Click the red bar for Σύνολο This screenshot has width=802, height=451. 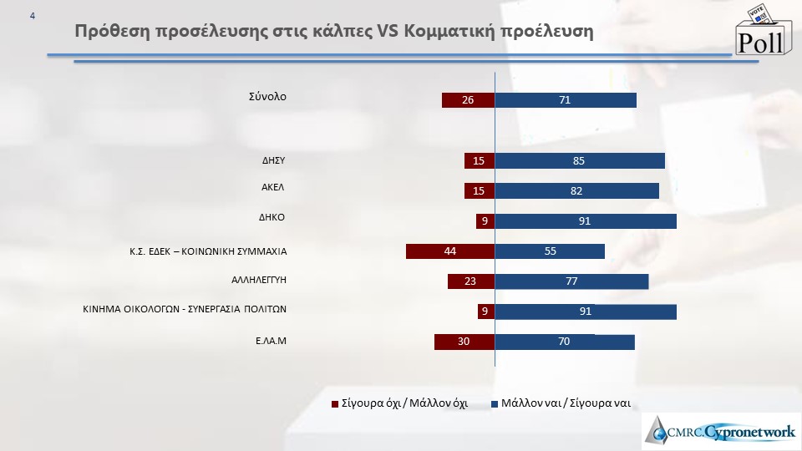coord(468,100)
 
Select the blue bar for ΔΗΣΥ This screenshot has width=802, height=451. coord(580,161)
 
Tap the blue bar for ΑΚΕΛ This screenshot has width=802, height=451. coord(576,191)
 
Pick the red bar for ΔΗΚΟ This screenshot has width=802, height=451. coord(485,221)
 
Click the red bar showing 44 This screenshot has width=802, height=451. coord(450,251)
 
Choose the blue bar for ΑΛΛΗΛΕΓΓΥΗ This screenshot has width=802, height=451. coord(571,281)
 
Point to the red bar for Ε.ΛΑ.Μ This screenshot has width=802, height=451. coord(464,342)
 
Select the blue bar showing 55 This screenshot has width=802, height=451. coord(550,251)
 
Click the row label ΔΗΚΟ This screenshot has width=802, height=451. coord(273,216)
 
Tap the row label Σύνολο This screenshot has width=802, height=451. coord(267,96)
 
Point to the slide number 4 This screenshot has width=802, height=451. coord(33,16)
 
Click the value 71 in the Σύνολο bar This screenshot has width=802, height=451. coord(566,100)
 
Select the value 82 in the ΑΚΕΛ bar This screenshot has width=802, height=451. coord(576,191)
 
